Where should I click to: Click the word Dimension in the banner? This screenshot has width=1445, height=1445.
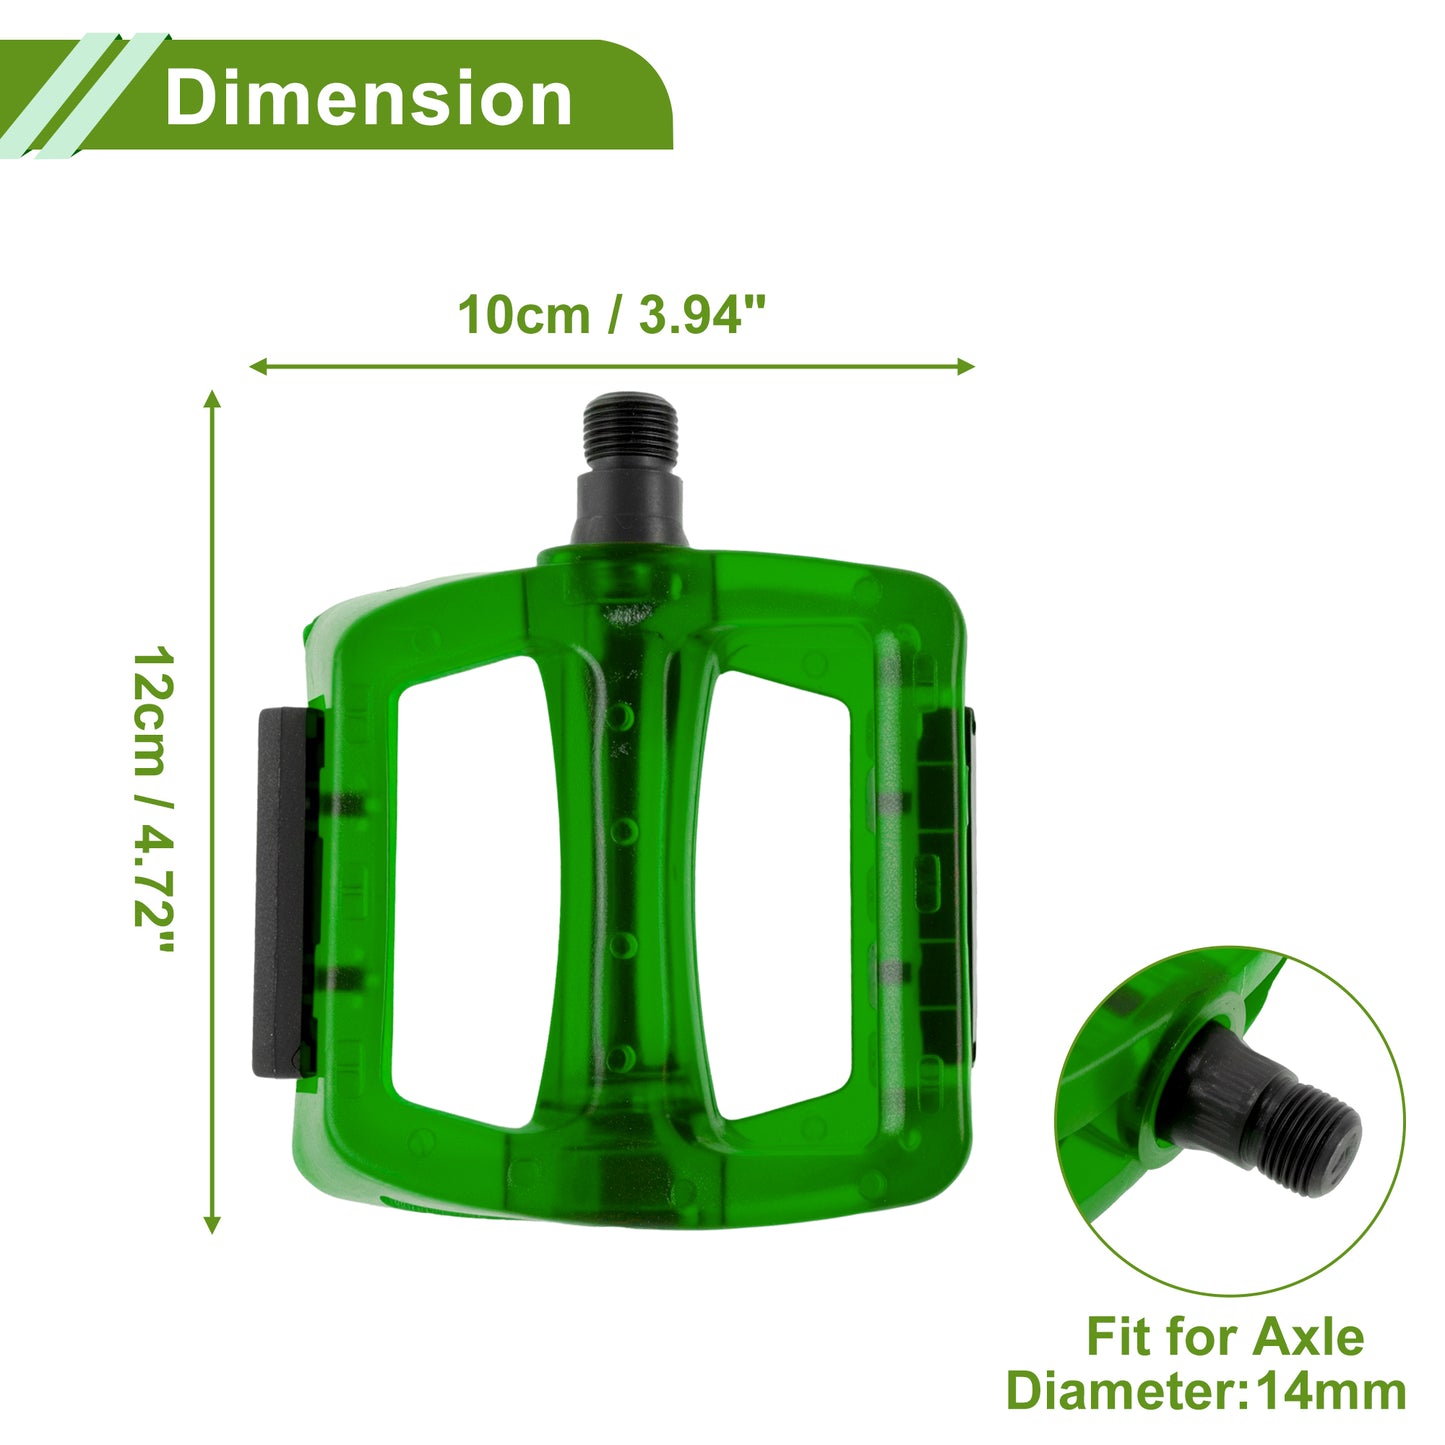[368, 98]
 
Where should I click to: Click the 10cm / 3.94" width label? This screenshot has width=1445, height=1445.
[612, 315]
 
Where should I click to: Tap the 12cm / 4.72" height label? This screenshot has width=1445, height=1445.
[153, 799]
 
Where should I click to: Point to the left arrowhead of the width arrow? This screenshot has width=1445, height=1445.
[258, 367]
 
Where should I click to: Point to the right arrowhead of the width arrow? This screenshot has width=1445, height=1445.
[966, 367]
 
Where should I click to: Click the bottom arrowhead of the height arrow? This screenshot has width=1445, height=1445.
[212, 1225]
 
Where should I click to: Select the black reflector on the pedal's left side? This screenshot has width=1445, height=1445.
[286, 893]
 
